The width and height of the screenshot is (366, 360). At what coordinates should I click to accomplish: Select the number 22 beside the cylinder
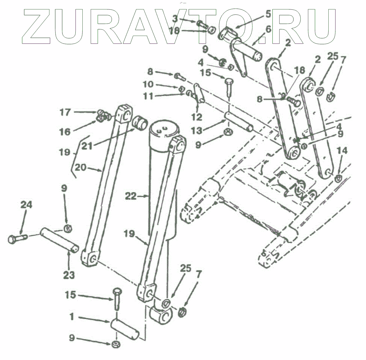point(131,196)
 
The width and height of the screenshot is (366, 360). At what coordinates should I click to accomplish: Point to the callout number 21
point(87,146)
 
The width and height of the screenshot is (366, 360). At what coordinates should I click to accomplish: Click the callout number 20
point(80,168)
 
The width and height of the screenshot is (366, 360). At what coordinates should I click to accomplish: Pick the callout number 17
point(65,112)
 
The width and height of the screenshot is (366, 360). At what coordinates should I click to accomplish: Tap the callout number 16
point(65,132)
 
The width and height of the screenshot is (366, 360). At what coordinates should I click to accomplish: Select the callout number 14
point(342,151)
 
